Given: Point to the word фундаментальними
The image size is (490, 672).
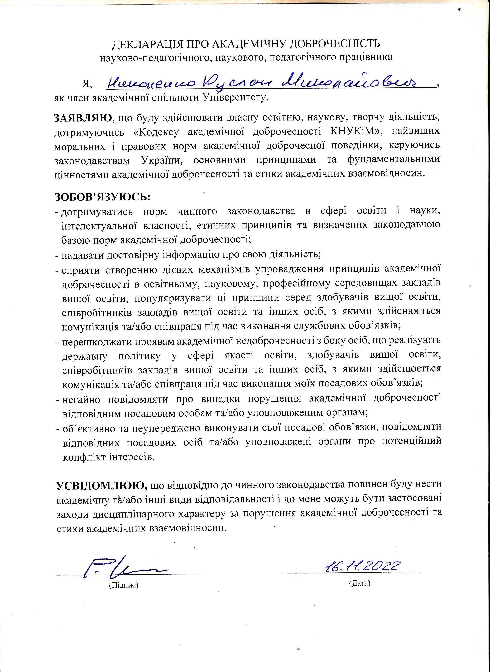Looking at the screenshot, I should (x=393, y=160).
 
